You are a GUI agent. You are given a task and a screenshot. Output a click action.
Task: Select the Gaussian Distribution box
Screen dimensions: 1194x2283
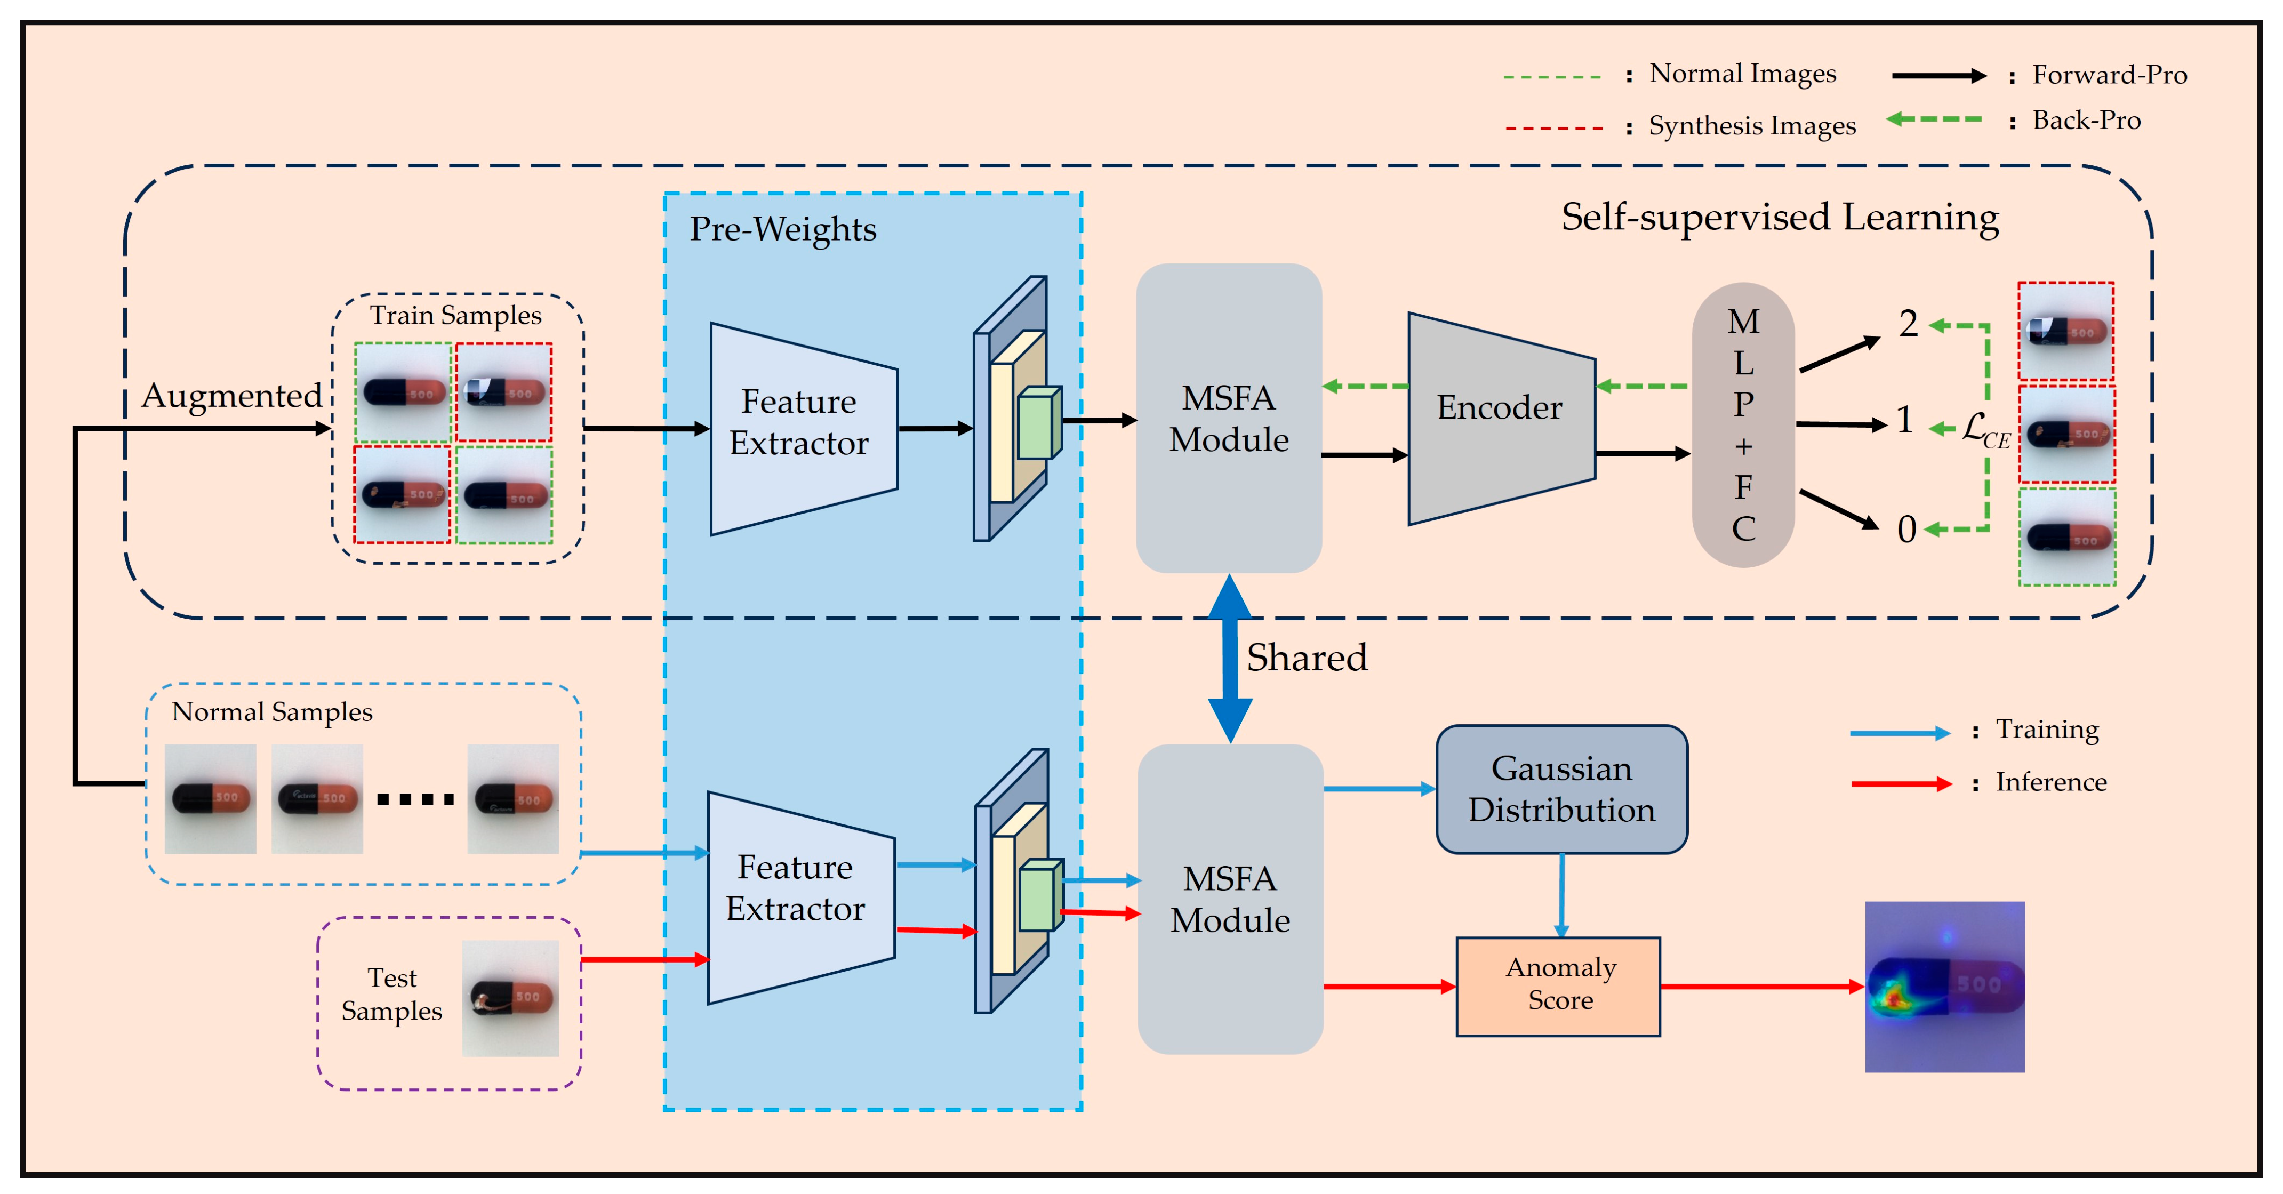[1561, 789]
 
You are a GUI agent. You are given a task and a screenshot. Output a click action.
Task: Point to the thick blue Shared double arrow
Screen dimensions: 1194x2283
[1230, 658]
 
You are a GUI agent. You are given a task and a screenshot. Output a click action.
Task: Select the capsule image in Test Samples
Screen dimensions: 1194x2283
[510, 998]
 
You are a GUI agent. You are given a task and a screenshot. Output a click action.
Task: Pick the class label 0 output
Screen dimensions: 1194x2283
[1906, 530]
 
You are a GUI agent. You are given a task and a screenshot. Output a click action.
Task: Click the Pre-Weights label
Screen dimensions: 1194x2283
[782, 230]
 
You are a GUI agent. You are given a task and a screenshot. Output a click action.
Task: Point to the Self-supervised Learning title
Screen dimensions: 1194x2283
[1780, 217]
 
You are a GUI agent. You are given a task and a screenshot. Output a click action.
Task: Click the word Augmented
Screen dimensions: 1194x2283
[231, 395]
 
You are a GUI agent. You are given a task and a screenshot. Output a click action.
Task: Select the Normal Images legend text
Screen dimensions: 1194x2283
[1742, 74]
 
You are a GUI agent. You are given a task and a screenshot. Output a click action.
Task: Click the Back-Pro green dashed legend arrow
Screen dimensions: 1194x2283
[1934, 119]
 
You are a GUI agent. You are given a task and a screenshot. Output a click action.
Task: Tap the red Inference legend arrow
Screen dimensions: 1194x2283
[1901, 783]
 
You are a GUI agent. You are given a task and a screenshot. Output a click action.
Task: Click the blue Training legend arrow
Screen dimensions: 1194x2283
[1899, 732]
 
